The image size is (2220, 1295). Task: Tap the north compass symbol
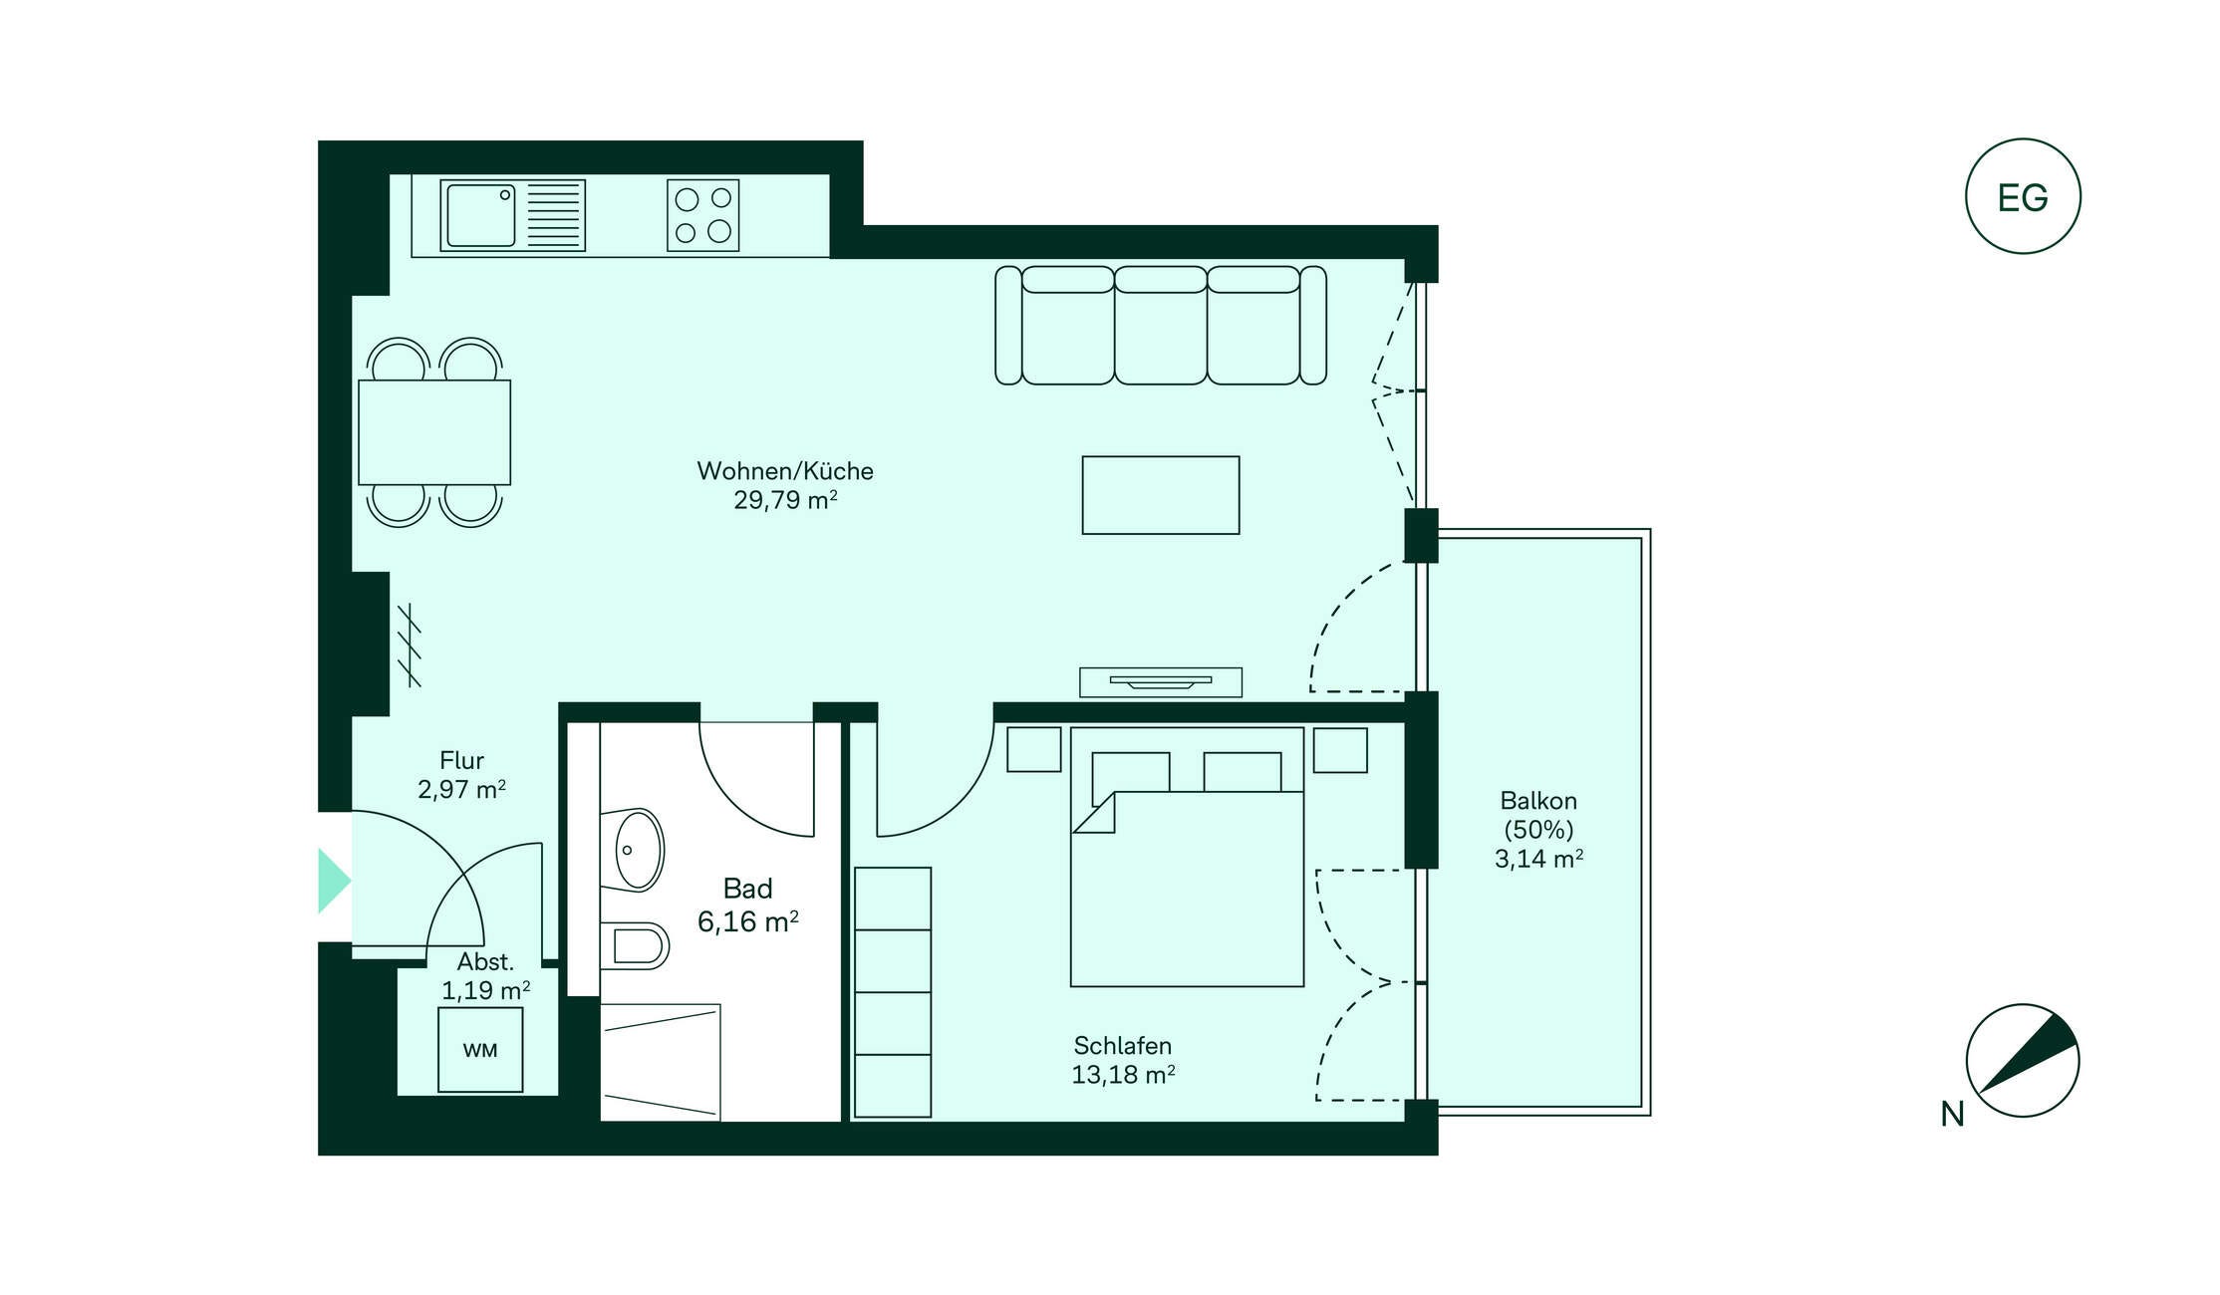click(2023, 1060)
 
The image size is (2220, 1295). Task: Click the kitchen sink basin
click(481, 214)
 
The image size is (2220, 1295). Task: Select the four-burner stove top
click(703, 215)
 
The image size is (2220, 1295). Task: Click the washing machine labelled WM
click(480, 1050)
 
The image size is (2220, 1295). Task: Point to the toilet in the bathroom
click(635, 945)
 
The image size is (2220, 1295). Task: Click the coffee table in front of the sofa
click(1161, 495)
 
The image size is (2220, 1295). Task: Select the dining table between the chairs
click(434, 432)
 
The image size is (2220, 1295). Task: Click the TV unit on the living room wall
click(1161, 682)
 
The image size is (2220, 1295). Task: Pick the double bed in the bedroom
click(1187, 857)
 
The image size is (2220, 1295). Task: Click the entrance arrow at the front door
click(334, 881)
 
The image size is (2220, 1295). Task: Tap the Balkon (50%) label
click(1538, 815)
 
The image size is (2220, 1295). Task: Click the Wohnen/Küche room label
click(785, 471)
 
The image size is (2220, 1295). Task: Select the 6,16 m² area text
click(748, 922)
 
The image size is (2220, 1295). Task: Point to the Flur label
click(461, 761)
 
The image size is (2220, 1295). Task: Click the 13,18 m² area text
click(1123, 1075)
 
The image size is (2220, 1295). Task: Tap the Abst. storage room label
click(485, 962)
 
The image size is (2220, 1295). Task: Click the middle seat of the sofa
click(1161, 326)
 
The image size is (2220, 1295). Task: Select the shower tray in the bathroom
click(660, 1062)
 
